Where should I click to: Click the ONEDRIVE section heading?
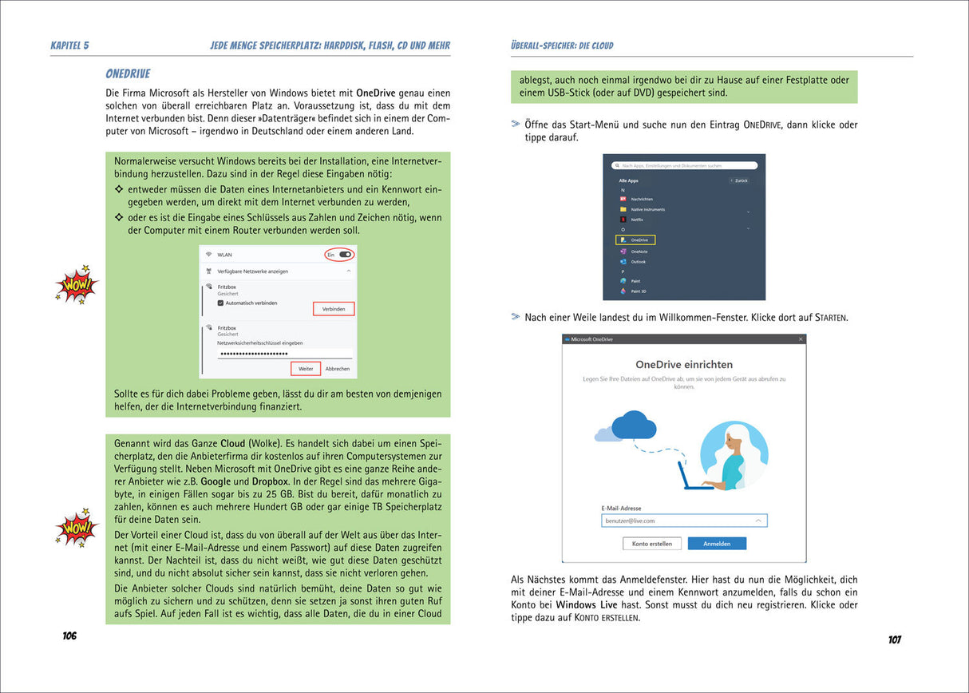point(128,74)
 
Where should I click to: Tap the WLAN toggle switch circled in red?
point(345,255)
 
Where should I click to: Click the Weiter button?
point(306,369)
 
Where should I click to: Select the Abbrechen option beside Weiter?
point(337,369)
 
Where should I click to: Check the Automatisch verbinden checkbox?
point(221,303)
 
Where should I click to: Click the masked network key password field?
point(284,354)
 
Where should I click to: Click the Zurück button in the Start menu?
point(740,181)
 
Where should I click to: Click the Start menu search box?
point(683,165)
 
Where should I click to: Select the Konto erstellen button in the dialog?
point(652,544)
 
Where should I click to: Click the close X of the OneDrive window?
point(799,339)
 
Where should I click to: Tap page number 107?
point(894,640)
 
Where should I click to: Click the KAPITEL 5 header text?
point(69,46)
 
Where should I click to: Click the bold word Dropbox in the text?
point(270,482)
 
